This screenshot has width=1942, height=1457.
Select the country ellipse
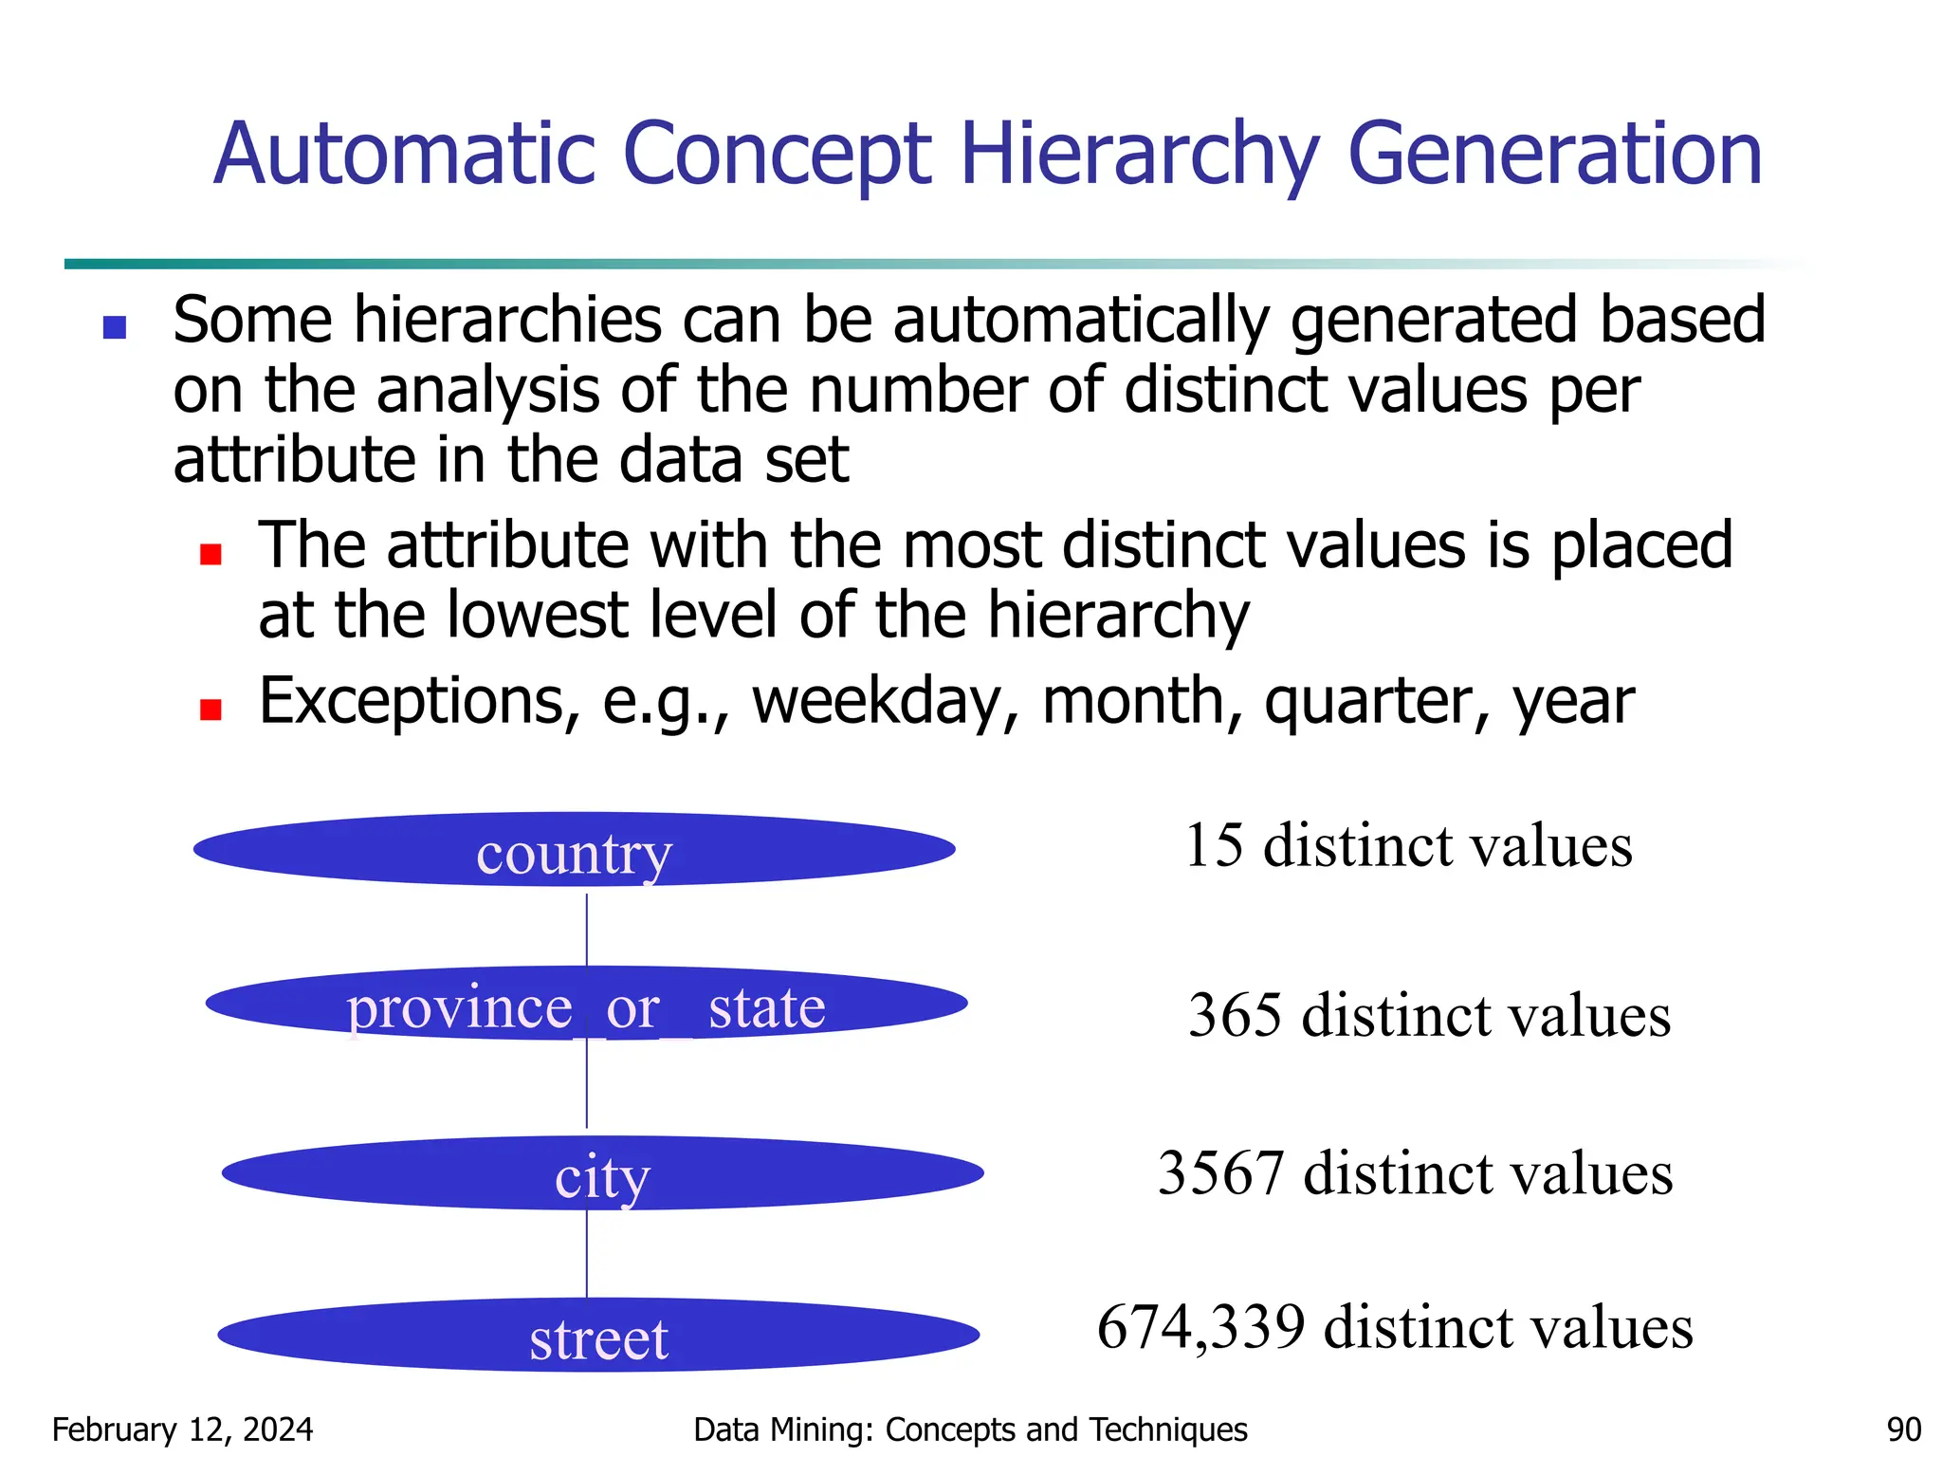574,850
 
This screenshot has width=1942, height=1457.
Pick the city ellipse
602,1174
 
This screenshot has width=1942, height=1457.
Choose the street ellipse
598,1336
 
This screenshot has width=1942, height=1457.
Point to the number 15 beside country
1214,845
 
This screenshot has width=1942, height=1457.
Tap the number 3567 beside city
1220,1173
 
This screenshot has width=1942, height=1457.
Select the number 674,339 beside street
1200,1327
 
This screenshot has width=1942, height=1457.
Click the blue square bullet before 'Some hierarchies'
115,327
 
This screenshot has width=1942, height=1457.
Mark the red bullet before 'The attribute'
211,554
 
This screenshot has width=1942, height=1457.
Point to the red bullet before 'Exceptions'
211,710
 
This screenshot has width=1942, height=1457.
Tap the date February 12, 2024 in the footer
182,1429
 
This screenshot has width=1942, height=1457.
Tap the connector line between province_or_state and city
587,1086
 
